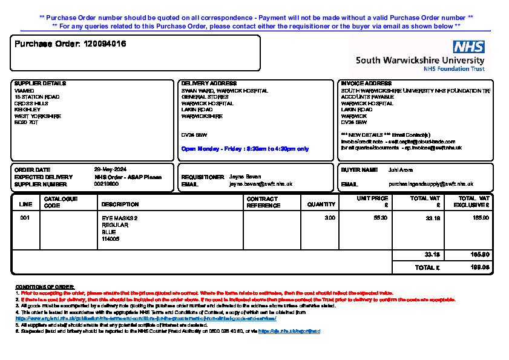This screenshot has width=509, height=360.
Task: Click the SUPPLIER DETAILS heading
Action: (x=40, y=83)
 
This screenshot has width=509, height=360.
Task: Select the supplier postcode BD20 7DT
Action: (x=26, y=122)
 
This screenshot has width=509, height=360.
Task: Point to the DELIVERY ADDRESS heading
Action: (x=209, y=83)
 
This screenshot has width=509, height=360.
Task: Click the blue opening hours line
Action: (x=245, y=148)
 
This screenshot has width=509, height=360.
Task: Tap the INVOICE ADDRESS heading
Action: (x=366, y=83)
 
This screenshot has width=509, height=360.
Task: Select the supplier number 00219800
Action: (x=105, y=184)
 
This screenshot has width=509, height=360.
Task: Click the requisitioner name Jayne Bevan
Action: (x=245, y=177)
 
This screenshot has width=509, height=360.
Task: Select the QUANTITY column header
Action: (x=321, y=205)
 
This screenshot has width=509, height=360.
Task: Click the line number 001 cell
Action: (x=25, y=218)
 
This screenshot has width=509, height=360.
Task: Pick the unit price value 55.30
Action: (x=381, y=218)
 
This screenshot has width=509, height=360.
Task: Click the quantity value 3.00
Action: (x=330, y=218)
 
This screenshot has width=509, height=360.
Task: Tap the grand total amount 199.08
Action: (x=481, y=267)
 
